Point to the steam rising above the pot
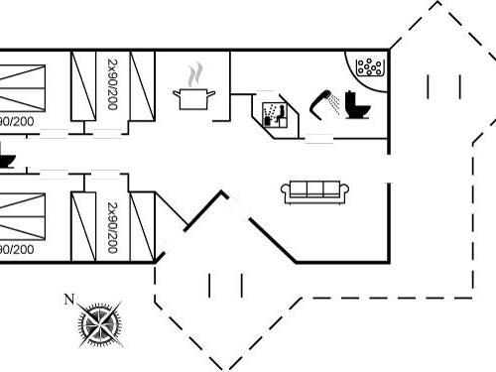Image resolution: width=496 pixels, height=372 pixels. pos(195,73)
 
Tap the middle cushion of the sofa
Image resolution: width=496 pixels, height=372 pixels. pos(307,190)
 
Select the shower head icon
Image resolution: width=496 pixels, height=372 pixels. pos(323,100)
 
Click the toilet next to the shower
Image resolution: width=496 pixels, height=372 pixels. pos(357,103)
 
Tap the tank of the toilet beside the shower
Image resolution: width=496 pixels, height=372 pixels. pos(364,100)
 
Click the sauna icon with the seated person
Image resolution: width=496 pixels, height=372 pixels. pos(273,111)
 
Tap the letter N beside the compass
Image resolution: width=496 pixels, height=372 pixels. pos(68,299)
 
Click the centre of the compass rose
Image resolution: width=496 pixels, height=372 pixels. pos(99,322)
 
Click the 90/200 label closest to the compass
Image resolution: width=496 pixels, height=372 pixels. pos(15,247)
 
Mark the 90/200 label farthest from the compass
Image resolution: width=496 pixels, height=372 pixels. pos(15,120)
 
